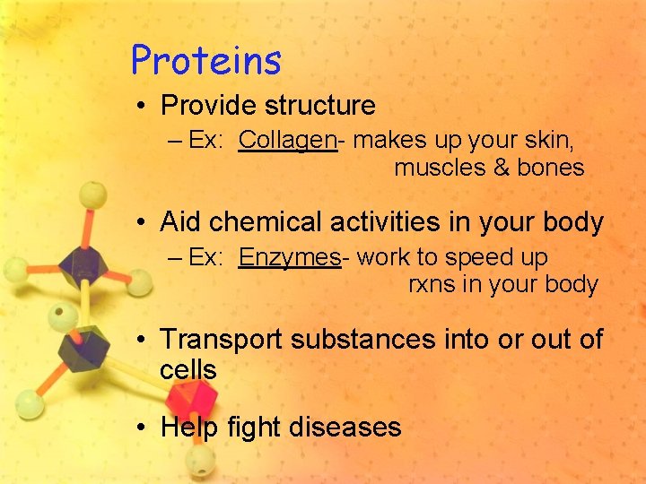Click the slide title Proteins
[206, 61]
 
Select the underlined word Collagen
[287, 141]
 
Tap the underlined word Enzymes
[289, 258]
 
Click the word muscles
[440, 168]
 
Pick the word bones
[551, 168]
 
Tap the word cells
[188, 369]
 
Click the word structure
[320, 106]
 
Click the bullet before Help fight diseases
[142, 428]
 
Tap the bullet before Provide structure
[142, 106]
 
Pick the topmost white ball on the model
[92, 194]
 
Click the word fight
[252, 428]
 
